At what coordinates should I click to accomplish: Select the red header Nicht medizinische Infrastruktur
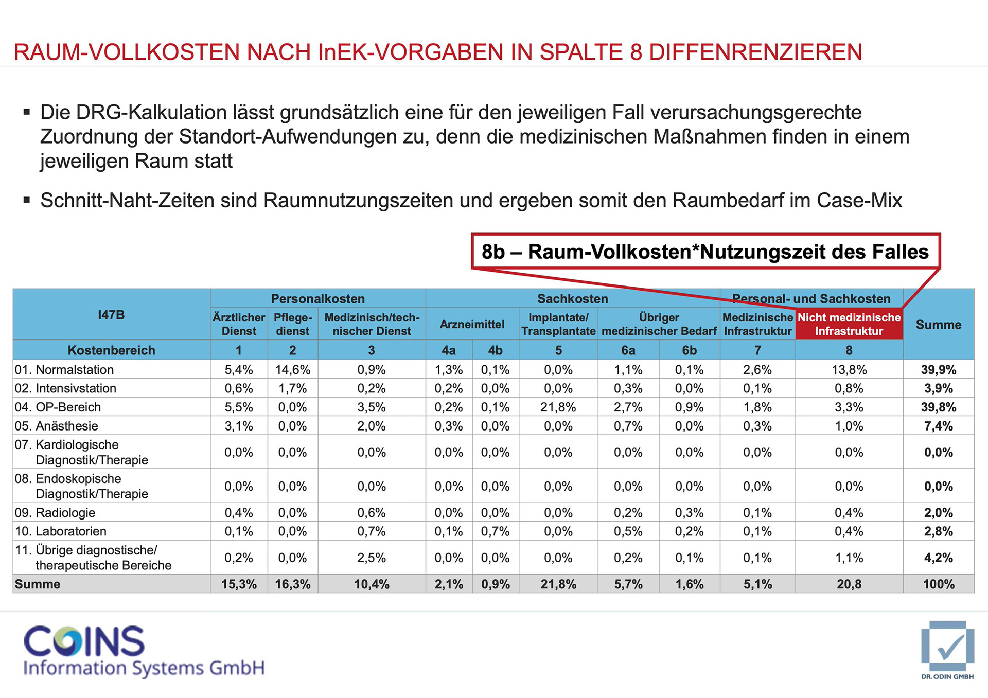[x=849, y=324]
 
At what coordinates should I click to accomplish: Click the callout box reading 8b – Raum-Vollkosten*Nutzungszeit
[x=705, y=252]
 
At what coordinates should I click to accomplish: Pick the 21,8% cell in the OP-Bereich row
[x=558, y=407]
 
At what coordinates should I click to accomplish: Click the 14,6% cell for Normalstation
[x=292, y=370]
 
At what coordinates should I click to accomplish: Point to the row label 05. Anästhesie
[x=57, y=426]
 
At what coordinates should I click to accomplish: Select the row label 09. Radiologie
[x=55, y=513]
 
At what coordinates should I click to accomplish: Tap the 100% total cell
[x=939, y=584]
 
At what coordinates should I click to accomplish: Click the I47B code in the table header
[x=111, y=315]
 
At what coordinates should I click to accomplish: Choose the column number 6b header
[x=689, y=350]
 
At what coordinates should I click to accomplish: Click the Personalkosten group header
[x=317, y=299]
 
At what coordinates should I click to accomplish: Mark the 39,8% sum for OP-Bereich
[x=939, y=407]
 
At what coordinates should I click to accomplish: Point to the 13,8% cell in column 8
[x=849, y=370]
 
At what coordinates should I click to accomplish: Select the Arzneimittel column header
[x=472, y=325]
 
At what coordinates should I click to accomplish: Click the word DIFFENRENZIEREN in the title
[x=755, y=52]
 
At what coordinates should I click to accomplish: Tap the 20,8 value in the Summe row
[x=849, y=584]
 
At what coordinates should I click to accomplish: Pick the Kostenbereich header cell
[x=111, y=350]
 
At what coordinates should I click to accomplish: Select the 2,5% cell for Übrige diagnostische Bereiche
[x=372, y=558]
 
